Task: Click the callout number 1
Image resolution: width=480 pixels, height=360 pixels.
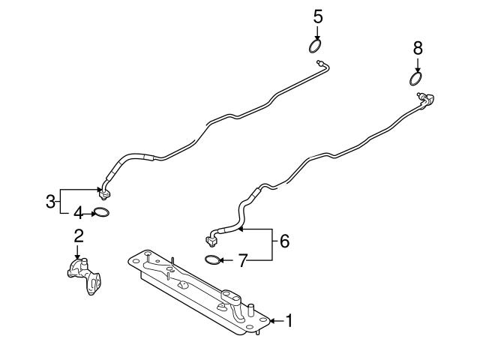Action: click(x=289, y=321)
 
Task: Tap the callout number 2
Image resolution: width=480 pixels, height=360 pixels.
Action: click(x=78, y=236)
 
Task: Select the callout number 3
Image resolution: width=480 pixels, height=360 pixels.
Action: click(x=50, y=202)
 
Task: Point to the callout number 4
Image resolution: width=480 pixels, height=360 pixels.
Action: click(x=78, y=213)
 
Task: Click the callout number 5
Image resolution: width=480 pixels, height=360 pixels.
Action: click(x=318, y=16)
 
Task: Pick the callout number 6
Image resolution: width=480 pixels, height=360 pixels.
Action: click(x=284, y=241)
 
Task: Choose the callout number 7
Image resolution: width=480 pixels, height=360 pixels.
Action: click(x=242, y=261)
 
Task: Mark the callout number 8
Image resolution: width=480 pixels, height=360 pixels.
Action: click(x=418, y=48)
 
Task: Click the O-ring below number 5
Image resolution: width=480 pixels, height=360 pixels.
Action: click(x=314, y=46)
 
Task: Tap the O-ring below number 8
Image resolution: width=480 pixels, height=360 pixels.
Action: click(x=415, y=79)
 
